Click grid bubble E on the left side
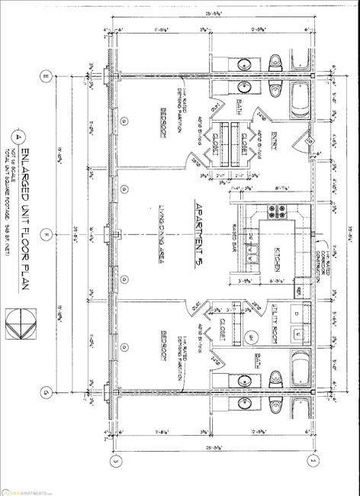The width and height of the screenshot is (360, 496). (x=47, y=76)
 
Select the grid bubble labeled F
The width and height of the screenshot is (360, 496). (x=47, y=234)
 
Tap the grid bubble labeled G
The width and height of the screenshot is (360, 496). (x=47, y=394)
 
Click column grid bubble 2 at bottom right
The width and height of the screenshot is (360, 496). (x=312, y=462)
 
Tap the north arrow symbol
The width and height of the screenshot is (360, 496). (x=17, y=320)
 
